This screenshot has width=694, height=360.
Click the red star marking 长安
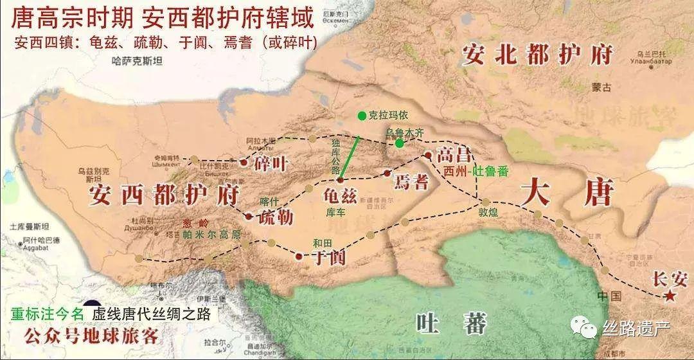(670, 296)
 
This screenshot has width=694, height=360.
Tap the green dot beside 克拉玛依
(362, 116)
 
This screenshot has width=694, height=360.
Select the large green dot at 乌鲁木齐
(399, 143)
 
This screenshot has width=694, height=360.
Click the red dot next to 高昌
(428, 155)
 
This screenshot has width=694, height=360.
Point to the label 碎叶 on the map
(269, 163)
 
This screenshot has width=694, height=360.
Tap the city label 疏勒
(275, 217)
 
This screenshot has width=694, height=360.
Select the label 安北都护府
(537, 56)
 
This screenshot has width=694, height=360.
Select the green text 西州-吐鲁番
(476, 172)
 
